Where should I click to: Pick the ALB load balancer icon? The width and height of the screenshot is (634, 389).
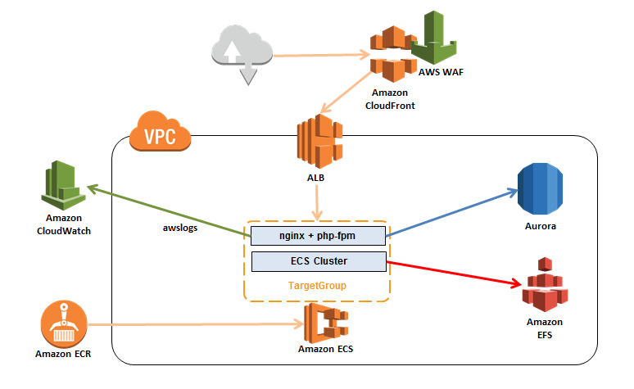tap(319, 141)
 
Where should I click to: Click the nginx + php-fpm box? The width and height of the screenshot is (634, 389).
tap(317, 237)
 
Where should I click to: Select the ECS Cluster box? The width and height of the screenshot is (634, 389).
tap(317, 262)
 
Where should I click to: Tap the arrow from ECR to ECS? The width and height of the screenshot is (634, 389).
tap(197, 326)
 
